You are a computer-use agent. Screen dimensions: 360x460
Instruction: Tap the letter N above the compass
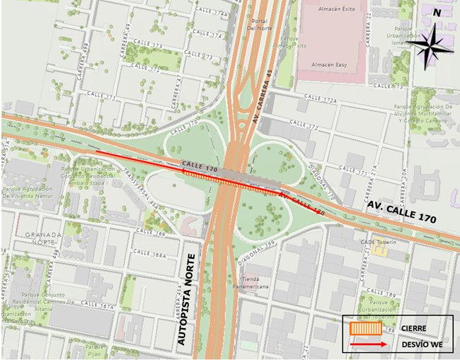coord(437,12)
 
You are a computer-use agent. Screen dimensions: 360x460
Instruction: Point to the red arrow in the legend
coord(367,344)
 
